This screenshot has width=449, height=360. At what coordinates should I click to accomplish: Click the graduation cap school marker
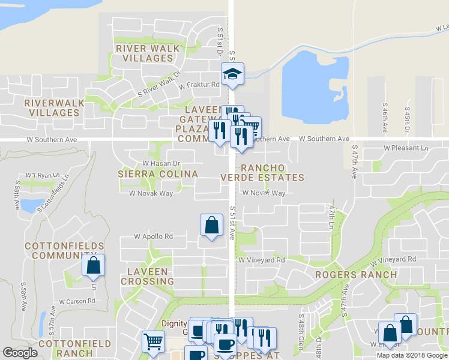(233, 74)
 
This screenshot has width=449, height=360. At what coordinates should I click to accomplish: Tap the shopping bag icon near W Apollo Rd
(211, 226)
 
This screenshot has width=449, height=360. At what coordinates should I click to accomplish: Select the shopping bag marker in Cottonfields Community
(94, 266)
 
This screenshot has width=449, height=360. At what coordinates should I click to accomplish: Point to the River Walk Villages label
(145, 53)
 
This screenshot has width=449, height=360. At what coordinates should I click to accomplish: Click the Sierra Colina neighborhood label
(157, 174)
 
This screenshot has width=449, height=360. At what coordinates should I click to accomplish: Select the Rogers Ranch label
(356, 275)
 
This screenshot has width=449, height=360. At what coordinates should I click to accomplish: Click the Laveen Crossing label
(147, 276)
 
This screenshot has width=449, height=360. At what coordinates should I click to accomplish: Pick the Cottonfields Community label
(64, 251)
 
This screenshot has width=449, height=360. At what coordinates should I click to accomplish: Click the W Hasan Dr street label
(161, 163)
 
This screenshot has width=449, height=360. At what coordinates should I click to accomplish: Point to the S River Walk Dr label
(159, 85)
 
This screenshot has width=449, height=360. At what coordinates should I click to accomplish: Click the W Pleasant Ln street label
(406, 148)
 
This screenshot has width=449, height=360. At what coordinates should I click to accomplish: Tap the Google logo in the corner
(20, 353)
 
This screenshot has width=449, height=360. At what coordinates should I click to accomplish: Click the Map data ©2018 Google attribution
(412, 355)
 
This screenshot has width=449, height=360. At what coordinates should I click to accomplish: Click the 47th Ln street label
(331, 214)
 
